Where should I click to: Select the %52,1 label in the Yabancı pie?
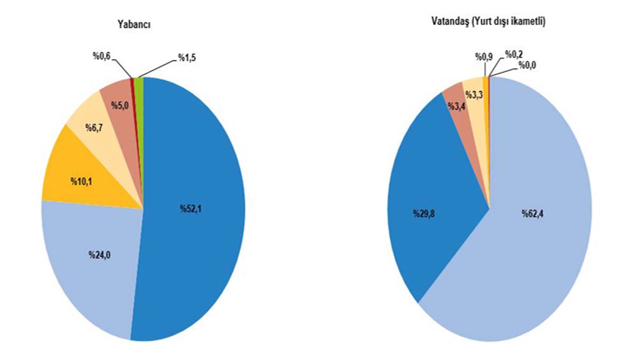(x=191, y=209)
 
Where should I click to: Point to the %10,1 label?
(x=81, y=180)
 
